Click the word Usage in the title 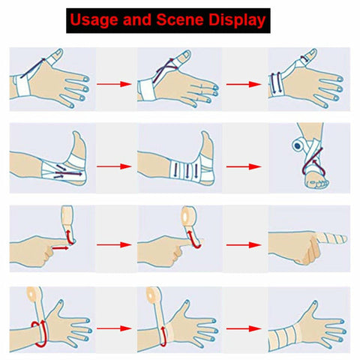coord(94,20)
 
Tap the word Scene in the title coord(180,19)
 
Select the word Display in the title coord(237,20)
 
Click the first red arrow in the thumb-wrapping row coord(114,84)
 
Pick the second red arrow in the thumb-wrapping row coord(244,84)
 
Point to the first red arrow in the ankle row coord(114,166)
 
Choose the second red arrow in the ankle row coord(244,166)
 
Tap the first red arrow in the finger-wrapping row coord(114,245)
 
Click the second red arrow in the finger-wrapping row coord(244,245)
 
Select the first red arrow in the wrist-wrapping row coord(114,328)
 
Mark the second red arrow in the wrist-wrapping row coord(244,328)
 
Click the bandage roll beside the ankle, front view coord(298,145)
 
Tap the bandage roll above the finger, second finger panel coord(189,215)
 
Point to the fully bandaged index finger coord(331,238)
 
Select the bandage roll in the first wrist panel coord(35,295)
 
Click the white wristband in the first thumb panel coord(22,85)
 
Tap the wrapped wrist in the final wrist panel coord(286,336)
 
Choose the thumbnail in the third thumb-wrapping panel coord(313,53)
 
